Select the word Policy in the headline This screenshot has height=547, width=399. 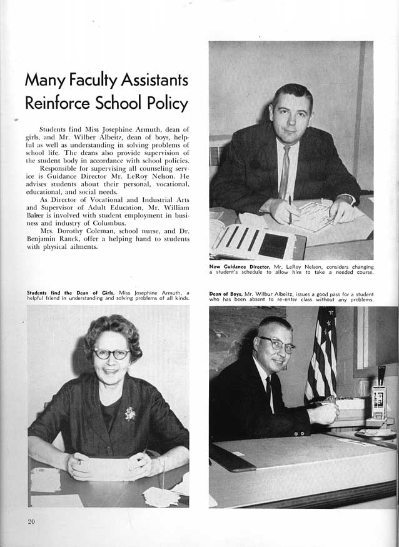(164, 103)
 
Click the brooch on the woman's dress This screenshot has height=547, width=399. (130, 413)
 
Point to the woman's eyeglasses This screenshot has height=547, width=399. (111, 354)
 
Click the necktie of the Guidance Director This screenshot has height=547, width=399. (285, 171)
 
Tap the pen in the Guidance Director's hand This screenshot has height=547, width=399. (290, 206)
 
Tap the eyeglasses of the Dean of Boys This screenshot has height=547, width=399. (276, 343)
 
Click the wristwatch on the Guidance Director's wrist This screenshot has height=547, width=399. (345, 200)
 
